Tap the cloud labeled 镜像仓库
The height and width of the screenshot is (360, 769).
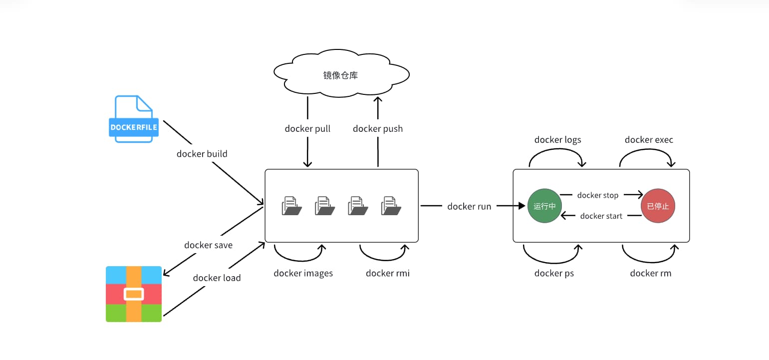pyautogui.click(x=341, y=75)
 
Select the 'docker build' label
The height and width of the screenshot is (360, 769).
pyautogui.click(x=202, y=154)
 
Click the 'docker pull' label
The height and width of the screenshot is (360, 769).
pyautogui.click(x=307, y=129)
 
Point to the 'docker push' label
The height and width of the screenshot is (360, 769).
pyautogui.click(x=378, y=129)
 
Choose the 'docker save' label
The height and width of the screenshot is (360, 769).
pyautogui.click(x=208, y=245)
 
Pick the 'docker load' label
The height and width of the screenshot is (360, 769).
pyautogui.click(x=217, y=278)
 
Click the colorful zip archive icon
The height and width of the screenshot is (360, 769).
pyautogui.click(x=134, y=294)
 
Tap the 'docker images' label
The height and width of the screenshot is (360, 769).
pyautogui.click(x=303, y=273)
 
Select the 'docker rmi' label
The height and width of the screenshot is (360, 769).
pyautogui.click(x=388, y=273)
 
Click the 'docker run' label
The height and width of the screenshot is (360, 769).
pyautogui.click(x=469, y=206)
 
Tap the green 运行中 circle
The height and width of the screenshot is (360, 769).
pyautogui.click(x=544, y=206)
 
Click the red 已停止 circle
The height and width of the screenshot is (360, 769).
pyautogui.click(x=658, y=206)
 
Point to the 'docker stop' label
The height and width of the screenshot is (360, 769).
pyautogui.click(x=598, y=195)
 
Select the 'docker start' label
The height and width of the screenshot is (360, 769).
pyautogui.click(x=601, y=216)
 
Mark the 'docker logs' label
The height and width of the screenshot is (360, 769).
pyautogui.click(x=557, y=140)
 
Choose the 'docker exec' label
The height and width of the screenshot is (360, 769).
pyautogui.click(x=649, y=140)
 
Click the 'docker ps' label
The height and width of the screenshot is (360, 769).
pyautogui.click(x=554, y=273)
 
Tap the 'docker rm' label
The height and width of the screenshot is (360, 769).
pyautogui.click(x=650, y=273)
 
